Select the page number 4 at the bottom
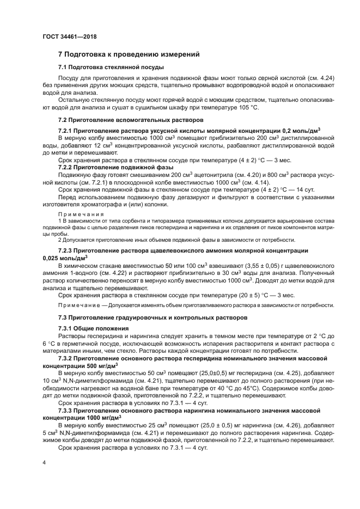[45, 462]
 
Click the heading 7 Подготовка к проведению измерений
[129, 54]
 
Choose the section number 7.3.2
[67, 359]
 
